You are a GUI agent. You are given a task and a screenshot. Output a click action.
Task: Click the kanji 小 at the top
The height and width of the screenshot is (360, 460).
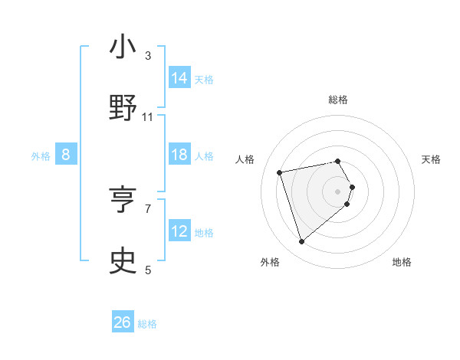(x=123, y=47)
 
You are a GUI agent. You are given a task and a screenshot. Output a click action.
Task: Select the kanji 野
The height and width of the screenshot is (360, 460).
(x=123, y=109)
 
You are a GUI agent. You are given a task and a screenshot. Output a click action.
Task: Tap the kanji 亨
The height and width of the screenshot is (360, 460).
(x=123, y=201)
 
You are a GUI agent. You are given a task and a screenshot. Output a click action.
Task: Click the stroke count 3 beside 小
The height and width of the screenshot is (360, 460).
(x=148, y=55)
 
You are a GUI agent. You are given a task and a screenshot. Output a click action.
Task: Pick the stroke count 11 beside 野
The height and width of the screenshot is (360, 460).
(x=148, y=116)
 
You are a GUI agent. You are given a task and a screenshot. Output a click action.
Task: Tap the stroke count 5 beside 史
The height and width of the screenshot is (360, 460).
(x=148, y=270)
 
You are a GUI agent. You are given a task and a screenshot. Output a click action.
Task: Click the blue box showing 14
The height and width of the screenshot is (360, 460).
(x=179, y=78)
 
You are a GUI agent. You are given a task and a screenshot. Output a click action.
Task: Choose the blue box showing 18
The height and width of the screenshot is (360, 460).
(x=179, y=155)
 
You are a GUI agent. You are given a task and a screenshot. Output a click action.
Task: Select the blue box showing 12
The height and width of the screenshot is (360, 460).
(x=179, y=231)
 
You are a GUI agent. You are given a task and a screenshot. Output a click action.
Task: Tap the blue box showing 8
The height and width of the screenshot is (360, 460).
(x=66, y=155)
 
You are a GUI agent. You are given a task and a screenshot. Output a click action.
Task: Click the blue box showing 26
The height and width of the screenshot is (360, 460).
(x=123, y=323)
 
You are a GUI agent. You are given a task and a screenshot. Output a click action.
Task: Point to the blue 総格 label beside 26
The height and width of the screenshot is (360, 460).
(x=148, y=324)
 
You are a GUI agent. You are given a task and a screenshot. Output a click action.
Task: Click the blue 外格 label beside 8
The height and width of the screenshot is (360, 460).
(x=41, y=155)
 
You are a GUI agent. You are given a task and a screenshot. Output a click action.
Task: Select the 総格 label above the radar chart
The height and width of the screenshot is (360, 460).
(x=337, y=100)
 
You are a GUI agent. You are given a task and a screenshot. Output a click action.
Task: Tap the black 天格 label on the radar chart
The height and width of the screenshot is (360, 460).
(x=431, y=159)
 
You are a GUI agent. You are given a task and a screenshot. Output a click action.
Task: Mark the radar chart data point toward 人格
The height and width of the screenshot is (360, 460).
(x=280, y=172)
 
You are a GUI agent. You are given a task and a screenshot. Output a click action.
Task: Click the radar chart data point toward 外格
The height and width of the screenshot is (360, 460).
(x=302, y=242)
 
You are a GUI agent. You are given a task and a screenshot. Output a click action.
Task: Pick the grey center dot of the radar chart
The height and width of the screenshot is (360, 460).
(x=337, y=191)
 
